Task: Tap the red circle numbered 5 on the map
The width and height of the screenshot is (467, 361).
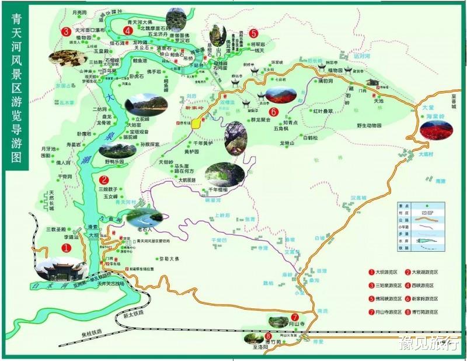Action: (253, 33)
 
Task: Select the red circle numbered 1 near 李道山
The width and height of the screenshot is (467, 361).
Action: (66, 248)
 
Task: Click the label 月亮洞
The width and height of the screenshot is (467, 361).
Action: (79, 11)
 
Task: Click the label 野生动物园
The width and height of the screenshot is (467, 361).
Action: (373, 125)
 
